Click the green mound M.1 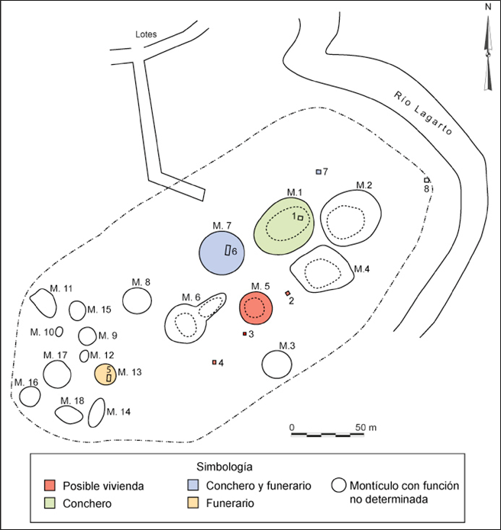[284, 226]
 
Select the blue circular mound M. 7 [221, 253]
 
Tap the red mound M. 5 [256, 308]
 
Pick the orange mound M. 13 [105, 374]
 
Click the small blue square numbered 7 [318, 172]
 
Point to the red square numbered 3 [244, 334]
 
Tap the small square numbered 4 [214, 362]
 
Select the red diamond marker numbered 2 [288, 293]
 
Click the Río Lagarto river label [423, 113]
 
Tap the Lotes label [146, 34]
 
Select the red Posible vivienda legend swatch [50, 485]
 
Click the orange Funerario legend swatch [192, 503]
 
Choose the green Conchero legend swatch [50, 503]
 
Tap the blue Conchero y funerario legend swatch [192, 485]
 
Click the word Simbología [225, 467]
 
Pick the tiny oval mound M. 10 [59, 332]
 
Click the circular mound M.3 [276, 365]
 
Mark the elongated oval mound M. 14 [96, 413]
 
